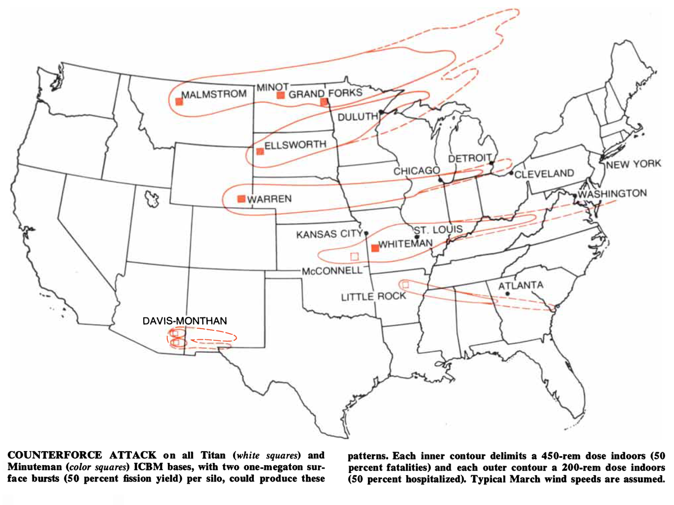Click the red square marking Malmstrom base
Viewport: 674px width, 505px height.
click(x=179, y=102)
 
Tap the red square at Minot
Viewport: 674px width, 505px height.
click(x=280, y=95)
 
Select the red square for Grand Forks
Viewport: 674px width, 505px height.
click(x=324, y=102)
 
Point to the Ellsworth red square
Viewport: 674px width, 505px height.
click(x=259, y=151)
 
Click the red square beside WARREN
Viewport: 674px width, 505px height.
click(x=242, y=198)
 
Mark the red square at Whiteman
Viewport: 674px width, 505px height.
click(x=375, y=248)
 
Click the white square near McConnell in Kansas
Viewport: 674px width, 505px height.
click(x=354, y=256)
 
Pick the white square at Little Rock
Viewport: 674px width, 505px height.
click(x=406, y=285)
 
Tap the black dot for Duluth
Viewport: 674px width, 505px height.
click(x=381, y=112)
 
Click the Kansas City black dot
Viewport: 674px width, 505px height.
click(x=366, y=233)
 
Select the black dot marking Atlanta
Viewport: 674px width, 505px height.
click(x=508, y=293)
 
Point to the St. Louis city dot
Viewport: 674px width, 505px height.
click(x=417, y=236)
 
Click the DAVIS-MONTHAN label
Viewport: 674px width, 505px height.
click(x=184, y=321)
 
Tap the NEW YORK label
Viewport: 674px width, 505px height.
click(x=634, y=165)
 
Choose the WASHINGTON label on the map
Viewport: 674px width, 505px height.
click(x=613, y=193)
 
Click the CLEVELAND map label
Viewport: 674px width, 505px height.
click(x=544, y=173)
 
